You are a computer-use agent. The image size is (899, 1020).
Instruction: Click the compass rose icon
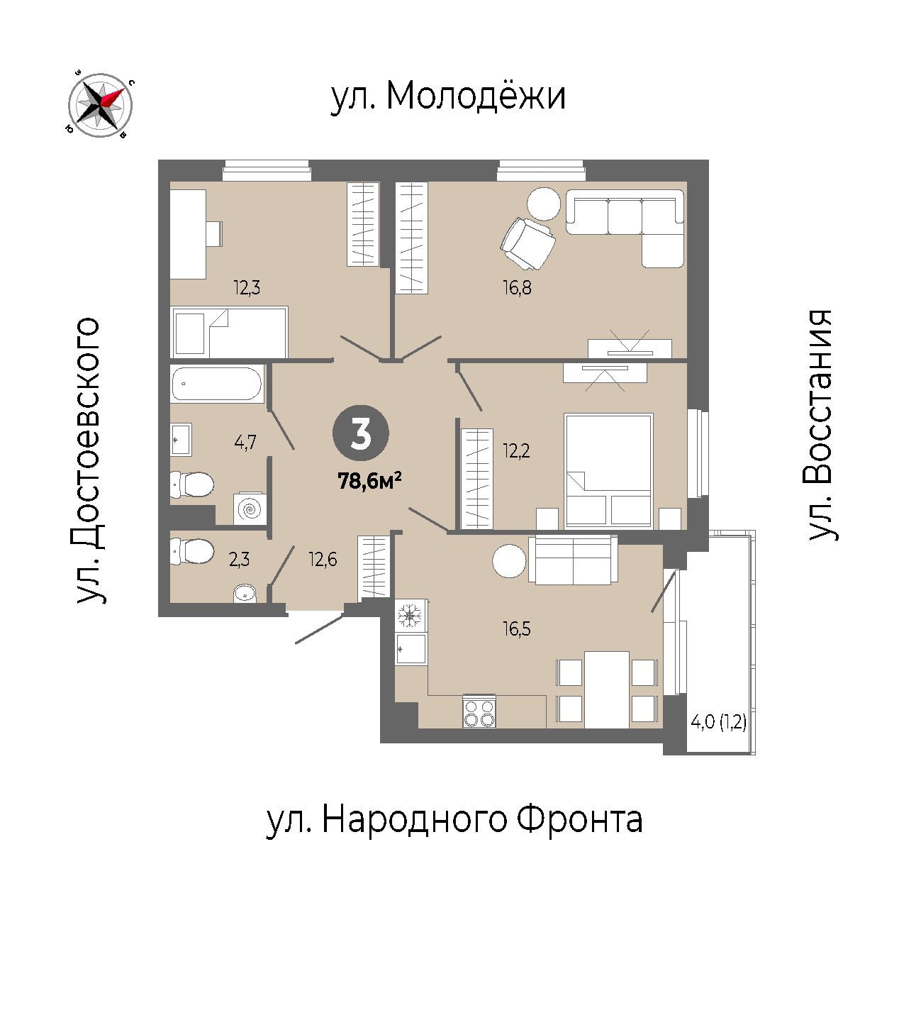pyautogui.click(x=100, y=105)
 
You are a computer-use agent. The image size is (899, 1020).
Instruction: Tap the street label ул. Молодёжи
pyautogui.click(x=448, y=96)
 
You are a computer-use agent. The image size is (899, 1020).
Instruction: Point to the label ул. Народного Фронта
pyautogui.click(x=454, y=820)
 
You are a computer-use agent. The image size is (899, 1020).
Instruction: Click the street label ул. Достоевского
pyautogui.click(x=89, y=460)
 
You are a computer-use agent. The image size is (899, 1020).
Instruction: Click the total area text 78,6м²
pyautogui.click(x=369, y=482)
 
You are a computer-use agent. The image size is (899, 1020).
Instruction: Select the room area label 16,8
pyautogui.click(x=517, y=288)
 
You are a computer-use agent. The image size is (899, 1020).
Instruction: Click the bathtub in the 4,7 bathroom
pyautogui.click(x=217, y=384)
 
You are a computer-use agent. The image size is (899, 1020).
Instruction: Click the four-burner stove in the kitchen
pyautogui.click(x=479, y=711)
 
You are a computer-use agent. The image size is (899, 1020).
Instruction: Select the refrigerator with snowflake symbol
pyautogui.click(x=411, y=615)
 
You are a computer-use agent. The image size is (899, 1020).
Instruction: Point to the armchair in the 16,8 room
pyautogui.click(x=527, y=243)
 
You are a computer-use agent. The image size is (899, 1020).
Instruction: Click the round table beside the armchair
pyautogui.click(x=544, y=204)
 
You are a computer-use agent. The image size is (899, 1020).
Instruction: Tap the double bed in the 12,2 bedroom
pyautogui.click(x=608, y=471)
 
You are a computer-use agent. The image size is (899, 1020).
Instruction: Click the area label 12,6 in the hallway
pyautogui.click(x=323, y=560)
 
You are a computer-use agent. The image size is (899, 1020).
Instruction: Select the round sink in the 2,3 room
pyautogui.click(x=245, y=593)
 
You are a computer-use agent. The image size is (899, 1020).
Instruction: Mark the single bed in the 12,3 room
pyautogui.click(x=230, y=332)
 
